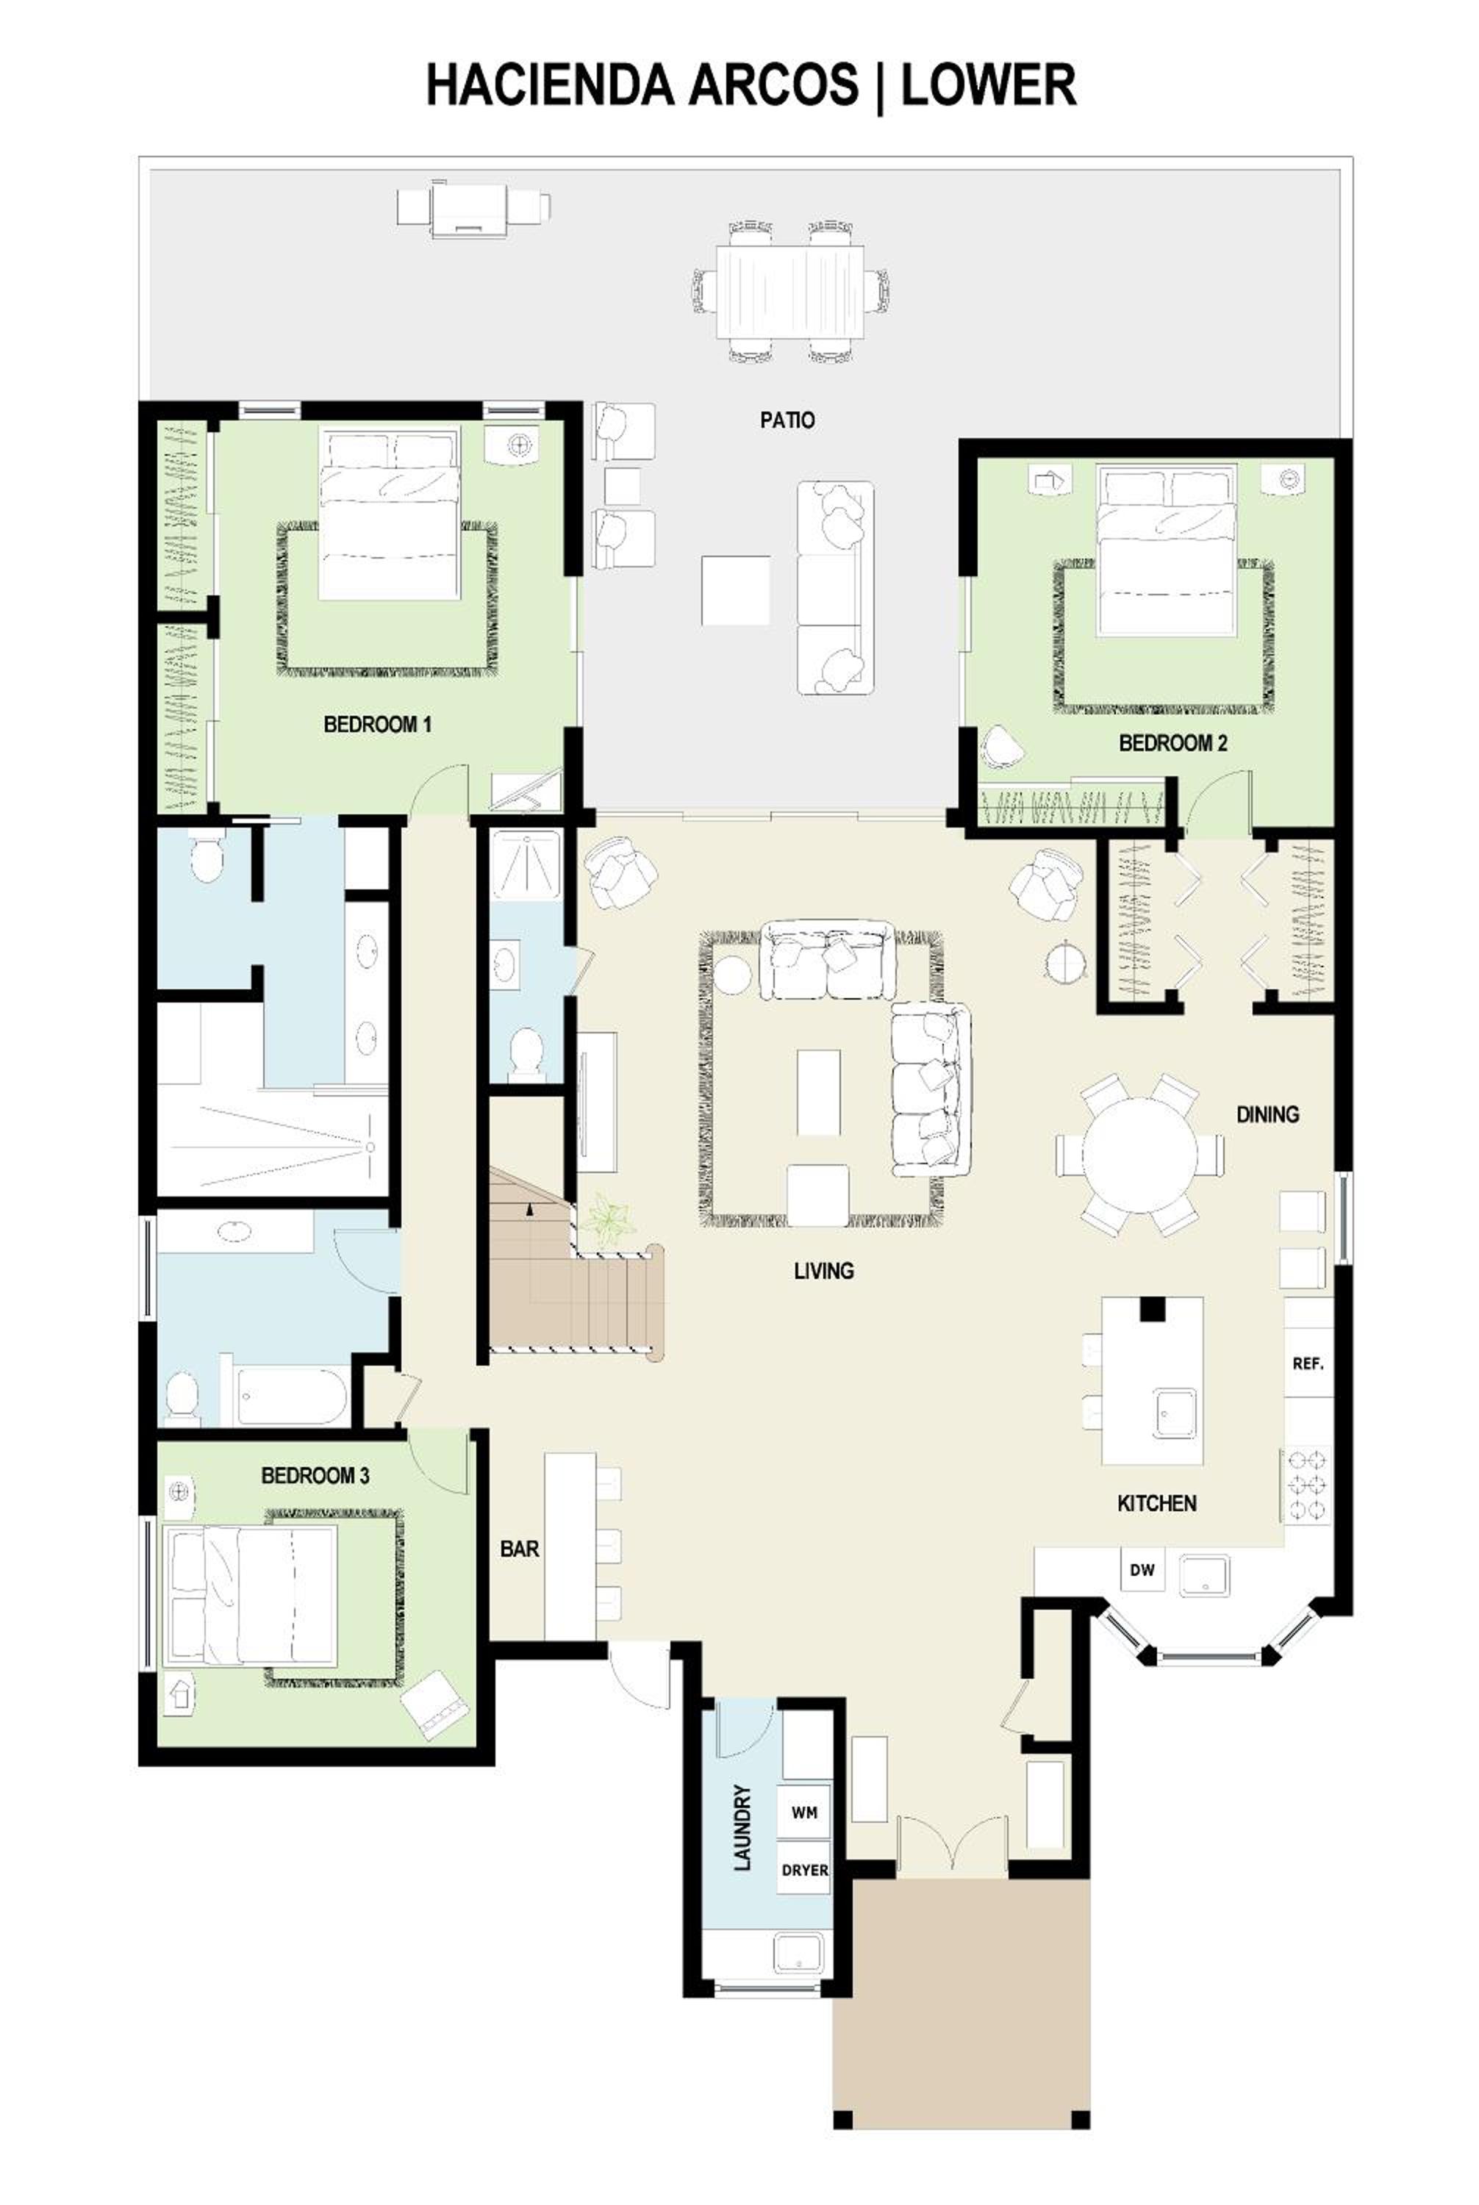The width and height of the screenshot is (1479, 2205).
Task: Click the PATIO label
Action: click(x=787, y=420)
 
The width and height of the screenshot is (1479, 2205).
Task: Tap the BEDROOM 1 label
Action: click(x=377, y=724)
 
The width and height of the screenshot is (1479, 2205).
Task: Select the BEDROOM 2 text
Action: click(x=1173, y=743)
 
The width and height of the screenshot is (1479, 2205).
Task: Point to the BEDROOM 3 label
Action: click(x=315, y=1475)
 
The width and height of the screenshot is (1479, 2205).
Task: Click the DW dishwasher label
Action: click(x=1142, y=1570)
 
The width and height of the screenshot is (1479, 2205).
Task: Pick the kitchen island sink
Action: click(x=1175, y=1413)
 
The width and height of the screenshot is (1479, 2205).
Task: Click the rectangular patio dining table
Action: click(x=790, y=290)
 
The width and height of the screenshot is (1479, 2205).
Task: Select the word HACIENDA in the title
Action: click(x=549, y=85)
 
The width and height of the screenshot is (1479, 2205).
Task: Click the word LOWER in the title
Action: click(x=989, y=85)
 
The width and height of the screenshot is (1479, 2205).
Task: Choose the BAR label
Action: click(x=520, y=1549)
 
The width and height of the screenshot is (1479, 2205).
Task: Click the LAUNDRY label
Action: click(x=742, y=1826)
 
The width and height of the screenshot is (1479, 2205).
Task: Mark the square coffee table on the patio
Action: click(x=735, y=590)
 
